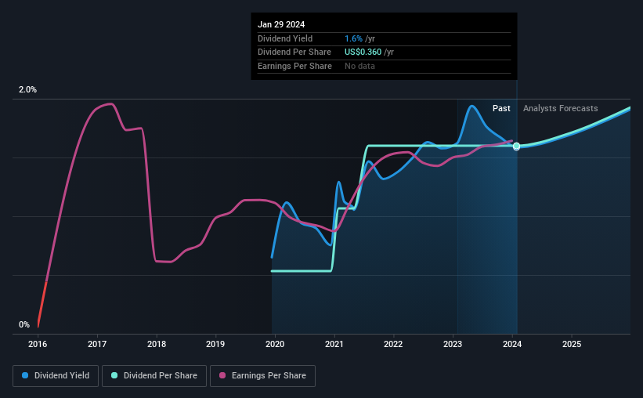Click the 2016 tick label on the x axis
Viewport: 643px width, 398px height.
click(38, 344)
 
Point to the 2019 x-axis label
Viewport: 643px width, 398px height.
click(215, 344)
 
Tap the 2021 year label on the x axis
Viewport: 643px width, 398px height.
click(334, 344)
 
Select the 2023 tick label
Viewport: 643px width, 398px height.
click(453, 344)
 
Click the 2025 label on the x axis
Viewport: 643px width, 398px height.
click(572, 344)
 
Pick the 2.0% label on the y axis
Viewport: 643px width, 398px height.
click(27, 90)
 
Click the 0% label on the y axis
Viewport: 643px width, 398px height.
click(24, 324)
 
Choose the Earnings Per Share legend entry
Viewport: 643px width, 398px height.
click(263, 376)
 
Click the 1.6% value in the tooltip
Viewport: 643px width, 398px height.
click(354, 38)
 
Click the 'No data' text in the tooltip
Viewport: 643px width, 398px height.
click(359, 66)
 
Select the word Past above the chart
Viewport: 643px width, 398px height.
click(501, 108)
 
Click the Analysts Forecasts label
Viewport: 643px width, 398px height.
click(560, 108)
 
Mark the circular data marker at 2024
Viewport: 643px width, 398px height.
click(516, 147)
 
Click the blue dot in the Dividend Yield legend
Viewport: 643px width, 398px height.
click(25, 376)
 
